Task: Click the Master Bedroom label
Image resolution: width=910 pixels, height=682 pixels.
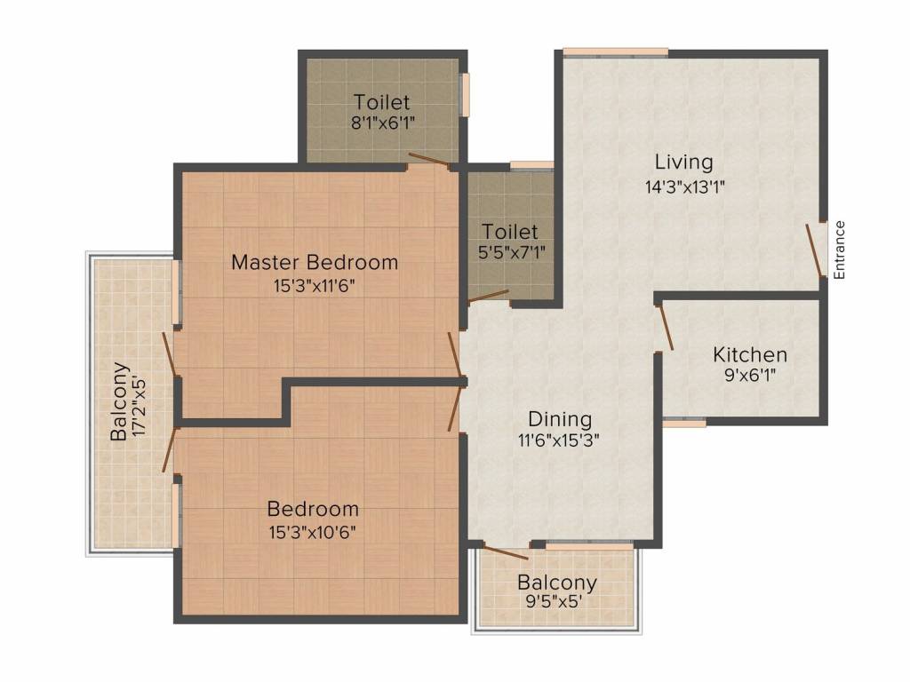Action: click(315, 262)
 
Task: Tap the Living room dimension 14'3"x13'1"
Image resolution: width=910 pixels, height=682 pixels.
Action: click(685, 187)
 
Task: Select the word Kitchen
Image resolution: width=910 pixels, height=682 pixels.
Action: click(750, 354)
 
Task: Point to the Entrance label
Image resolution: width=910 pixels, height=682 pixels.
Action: click(839, 250)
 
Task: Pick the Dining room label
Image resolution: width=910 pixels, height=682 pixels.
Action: click(560, 419)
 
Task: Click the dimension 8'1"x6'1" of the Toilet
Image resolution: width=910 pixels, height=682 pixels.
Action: click(382, 123)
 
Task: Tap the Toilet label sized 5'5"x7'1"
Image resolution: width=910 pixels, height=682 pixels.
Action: click(510, 232)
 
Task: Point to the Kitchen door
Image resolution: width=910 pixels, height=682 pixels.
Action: click(665, 328)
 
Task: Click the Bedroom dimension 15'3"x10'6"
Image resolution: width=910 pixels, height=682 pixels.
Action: click(312, 533)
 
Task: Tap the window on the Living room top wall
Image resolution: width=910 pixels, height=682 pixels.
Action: click(616, 52)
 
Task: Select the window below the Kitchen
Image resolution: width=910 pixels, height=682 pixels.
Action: click(685, 422)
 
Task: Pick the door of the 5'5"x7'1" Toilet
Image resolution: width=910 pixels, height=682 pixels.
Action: click(489, 297)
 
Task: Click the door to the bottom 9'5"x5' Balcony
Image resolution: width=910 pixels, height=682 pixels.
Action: click(506, 552)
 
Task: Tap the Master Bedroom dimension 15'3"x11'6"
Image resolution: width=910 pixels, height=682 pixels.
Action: click(314, 286)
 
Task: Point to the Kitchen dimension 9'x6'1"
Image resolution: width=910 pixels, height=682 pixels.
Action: click(750, 376)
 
